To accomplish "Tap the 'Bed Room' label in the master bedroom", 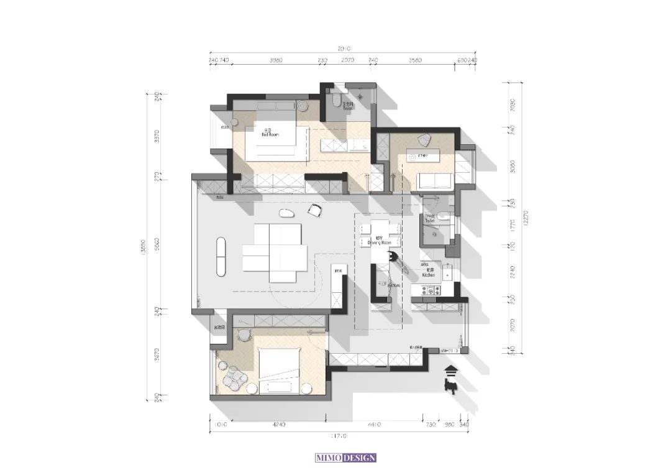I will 270,133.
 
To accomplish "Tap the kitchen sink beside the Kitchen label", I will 447,273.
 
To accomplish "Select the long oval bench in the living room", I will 221,256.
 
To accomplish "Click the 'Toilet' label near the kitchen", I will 429,219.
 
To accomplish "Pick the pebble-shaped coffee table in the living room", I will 286,215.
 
